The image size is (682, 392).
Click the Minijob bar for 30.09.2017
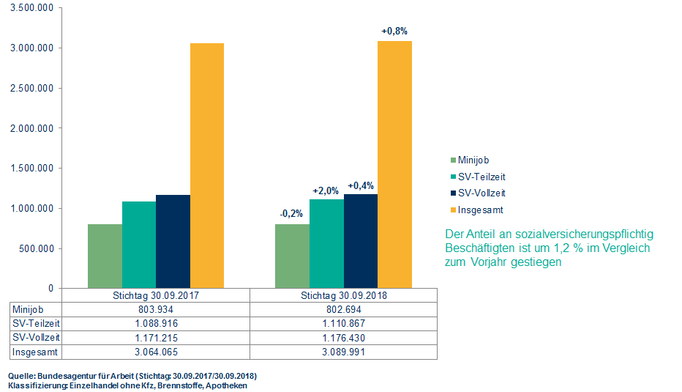(x=105, y=256)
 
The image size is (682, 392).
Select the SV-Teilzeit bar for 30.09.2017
(x=139, y=245)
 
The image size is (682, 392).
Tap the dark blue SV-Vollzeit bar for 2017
(x=173, y=241)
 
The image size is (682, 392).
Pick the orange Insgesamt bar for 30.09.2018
(x=394, y=164)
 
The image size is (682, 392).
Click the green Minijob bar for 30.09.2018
(x=292, y=256)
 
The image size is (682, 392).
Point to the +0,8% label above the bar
(x=394, y=32)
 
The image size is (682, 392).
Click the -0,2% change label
(x=292, y=214)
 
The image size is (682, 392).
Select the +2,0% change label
(x=326, y=191)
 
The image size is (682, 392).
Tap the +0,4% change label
(x=360, y=185)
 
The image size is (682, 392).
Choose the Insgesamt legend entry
(x=480, y=210)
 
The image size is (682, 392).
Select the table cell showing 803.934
(x=157, y=310)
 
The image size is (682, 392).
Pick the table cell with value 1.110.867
(x=344, y=324)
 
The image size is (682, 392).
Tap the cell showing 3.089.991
(x=344, y=352)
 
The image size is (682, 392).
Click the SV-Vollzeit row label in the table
(x=35, y=338)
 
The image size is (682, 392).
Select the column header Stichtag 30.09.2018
(x=344, y=296)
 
